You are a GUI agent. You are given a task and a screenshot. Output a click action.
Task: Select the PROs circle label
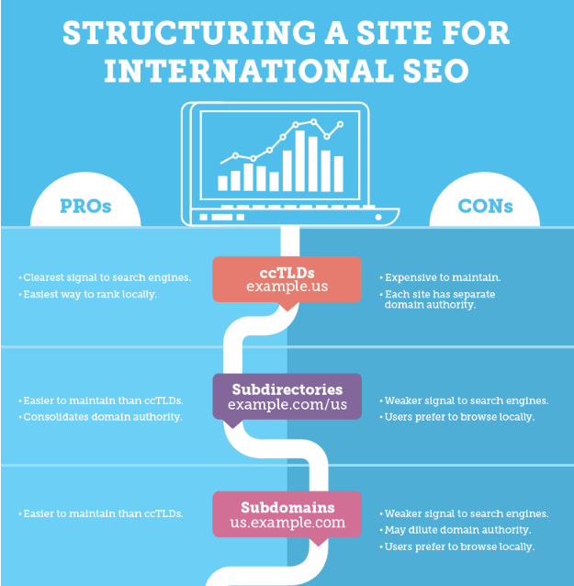85,206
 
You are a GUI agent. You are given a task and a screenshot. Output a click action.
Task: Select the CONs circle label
485,206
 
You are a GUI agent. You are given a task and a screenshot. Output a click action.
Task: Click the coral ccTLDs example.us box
287,279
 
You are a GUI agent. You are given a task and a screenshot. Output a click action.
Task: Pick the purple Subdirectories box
287,396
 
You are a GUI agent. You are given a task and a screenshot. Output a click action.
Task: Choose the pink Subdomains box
287,514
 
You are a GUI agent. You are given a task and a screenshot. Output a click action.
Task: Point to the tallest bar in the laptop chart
299,161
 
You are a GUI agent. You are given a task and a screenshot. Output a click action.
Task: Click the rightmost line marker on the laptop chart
340,124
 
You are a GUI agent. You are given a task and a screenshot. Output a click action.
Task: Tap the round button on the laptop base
378,217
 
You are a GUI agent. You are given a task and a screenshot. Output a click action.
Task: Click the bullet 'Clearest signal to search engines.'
105,277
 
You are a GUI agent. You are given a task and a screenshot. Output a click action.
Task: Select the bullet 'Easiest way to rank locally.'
88,295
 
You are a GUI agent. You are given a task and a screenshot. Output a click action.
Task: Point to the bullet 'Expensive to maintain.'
440,277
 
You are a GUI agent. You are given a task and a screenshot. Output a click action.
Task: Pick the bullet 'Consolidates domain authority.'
100,417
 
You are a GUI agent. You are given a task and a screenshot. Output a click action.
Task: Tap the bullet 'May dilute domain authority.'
456,530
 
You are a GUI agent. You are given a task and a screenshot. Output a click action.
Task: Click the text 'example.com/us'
287,404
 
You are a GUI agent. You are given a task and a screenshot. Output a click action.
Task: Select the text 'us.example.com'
287,522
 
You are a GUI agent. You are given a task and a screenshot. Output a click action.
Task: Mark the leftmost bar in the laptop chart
223,183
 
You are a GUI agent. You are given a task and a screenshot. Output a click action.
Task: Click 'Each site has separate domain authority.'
437,299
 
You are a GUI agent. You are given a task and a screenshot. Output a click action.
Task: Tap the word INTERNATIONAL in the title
249,71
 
